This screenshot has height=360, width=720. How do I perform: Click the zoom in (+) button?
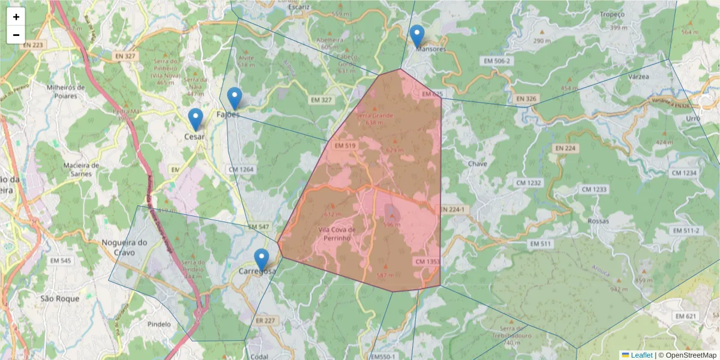click(x=16, y=17)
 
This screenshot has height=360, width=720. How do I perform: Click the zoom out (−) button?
click(x=16, y=35)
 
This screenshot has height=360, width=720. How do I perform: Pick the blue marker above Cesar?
click(x=195, y=119)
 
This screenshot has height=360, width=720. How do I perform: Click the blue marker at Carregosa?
click(x=261, y=260)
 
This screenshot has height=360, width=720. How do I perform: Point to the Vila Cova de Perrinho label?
click(x=337, y=234)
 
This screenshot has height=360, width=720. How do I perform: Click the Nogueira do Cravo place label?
click(x=125, y=247)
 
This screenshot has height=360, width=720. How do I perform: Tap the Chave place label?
click(x=478, y=163)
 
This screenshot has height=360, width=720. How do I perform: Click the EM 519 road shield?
click(x=346, y=145)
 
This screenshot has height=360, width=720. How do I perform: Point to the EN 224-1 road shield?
click(x=452, y=209)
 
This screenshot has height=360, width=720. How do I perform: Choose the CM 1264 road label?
click(x=241, y=170)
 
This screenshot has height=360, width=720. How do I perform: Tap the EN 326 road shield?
click(x=526, y=98)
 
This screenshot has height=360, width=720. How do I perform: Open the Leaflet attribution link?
click(x=641, y=355)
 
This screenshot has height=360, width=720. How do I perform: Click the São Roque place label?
click(x=60, y=298)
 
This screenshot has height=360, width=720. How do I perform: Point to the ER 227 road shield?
click(x=265, y=320)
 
